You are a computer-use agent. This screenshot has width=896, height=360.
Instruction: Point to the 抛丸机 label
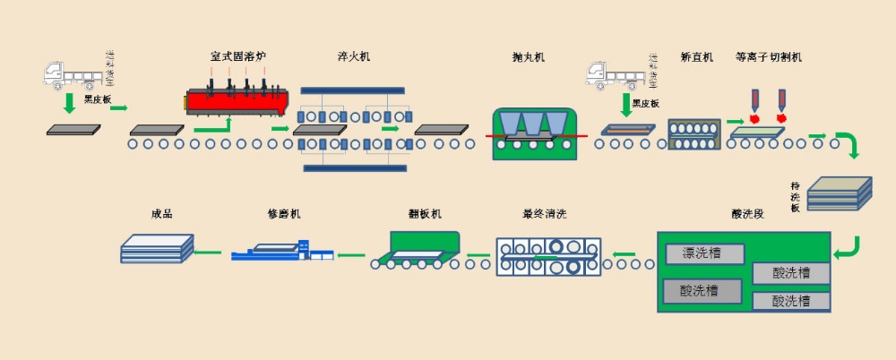[x=529, y=57]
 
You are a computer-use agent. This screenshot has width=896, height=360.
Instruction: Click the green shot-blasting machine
[x=535, y=135]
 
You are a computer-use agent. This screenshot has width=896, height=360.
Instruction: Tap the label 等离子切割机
[x=768, y=57]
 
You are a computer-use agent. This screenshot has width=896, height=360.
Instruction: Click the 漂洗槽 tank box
[x=705, y=253]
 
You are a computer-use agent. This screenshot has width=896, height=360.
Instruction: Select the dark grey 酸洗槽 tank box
[x=702, y=291]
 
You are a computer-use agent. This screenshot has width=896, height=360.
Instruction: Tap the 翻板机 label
[x=425, y=215]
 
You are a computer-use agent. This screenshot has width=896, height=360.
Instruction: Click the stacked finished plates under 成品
[x=157, y=248]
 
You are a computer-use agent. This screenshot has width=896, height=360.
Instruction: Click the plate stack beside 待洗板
[x=840, y=193]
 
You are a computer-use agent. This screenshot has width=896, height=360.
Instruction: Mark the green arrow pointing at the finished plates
[x=210, y=253]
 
